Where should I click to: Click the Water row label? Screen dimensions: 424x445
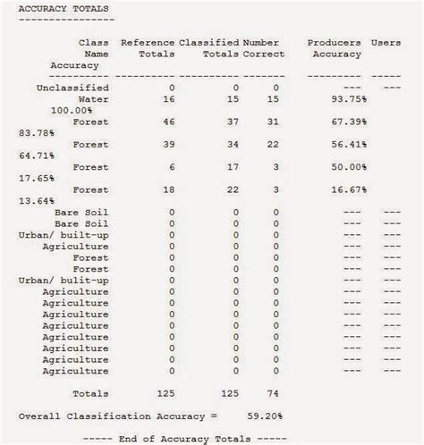pos(93,99)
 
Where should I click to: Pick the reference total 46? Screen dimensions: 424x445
pos(170,122)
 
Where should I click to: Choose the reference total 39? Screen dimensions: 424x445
pos(170,144)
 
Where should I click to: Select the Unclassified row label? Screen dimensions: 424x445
pos(72,88)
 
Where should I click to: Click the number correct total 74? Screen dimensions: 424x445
pos(274,393)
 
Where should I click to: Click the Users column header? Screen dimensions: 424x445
pos(386,42)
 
